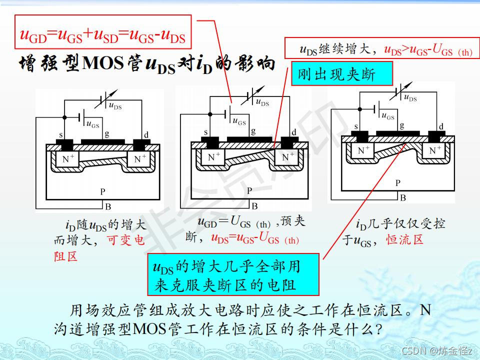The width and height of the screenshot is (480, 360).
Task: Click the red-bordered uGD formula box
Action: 103,35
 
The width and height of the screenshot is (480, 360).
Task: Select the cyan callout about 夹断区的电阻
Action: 233,274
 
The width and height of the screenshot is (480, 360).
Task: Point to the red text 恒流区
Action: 404,239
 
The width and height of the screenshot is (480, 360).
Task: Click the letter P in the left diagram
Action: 102,191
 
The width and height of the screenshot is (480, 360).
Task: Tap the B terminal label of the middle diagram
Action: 254,205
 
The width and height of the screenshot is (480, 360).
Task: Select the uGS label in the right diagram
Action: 387,116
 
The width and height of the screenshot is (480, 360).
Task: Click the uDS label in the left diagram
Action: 115,105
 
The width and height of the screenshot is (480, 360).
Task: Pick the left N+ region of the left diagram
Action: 68,159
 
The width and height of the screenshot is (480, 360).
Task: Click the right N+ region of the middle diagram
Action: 287,157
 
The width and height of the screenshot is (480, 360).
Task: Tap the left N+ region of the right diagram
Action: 363,149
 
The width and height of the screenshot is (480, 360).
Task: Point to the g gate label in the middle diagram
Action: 253,131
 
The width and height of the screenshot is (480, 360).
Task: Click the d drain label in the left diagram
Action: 146,135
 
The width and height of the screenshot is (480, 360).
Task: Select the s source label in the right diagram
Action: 356,126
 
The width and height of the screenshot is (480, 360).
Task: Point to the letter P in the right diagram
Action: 398,183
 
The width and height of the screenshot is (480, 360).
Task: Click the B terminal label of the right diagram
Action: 403,197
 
